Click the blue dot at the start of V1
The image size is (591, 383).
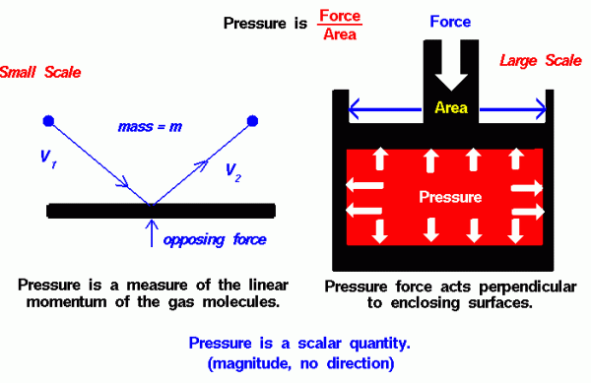pos(46,121)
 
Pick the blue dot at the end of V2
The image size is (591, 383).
pos(253,121)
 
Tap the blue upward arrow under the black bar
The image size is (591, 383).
pos(150,232)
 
